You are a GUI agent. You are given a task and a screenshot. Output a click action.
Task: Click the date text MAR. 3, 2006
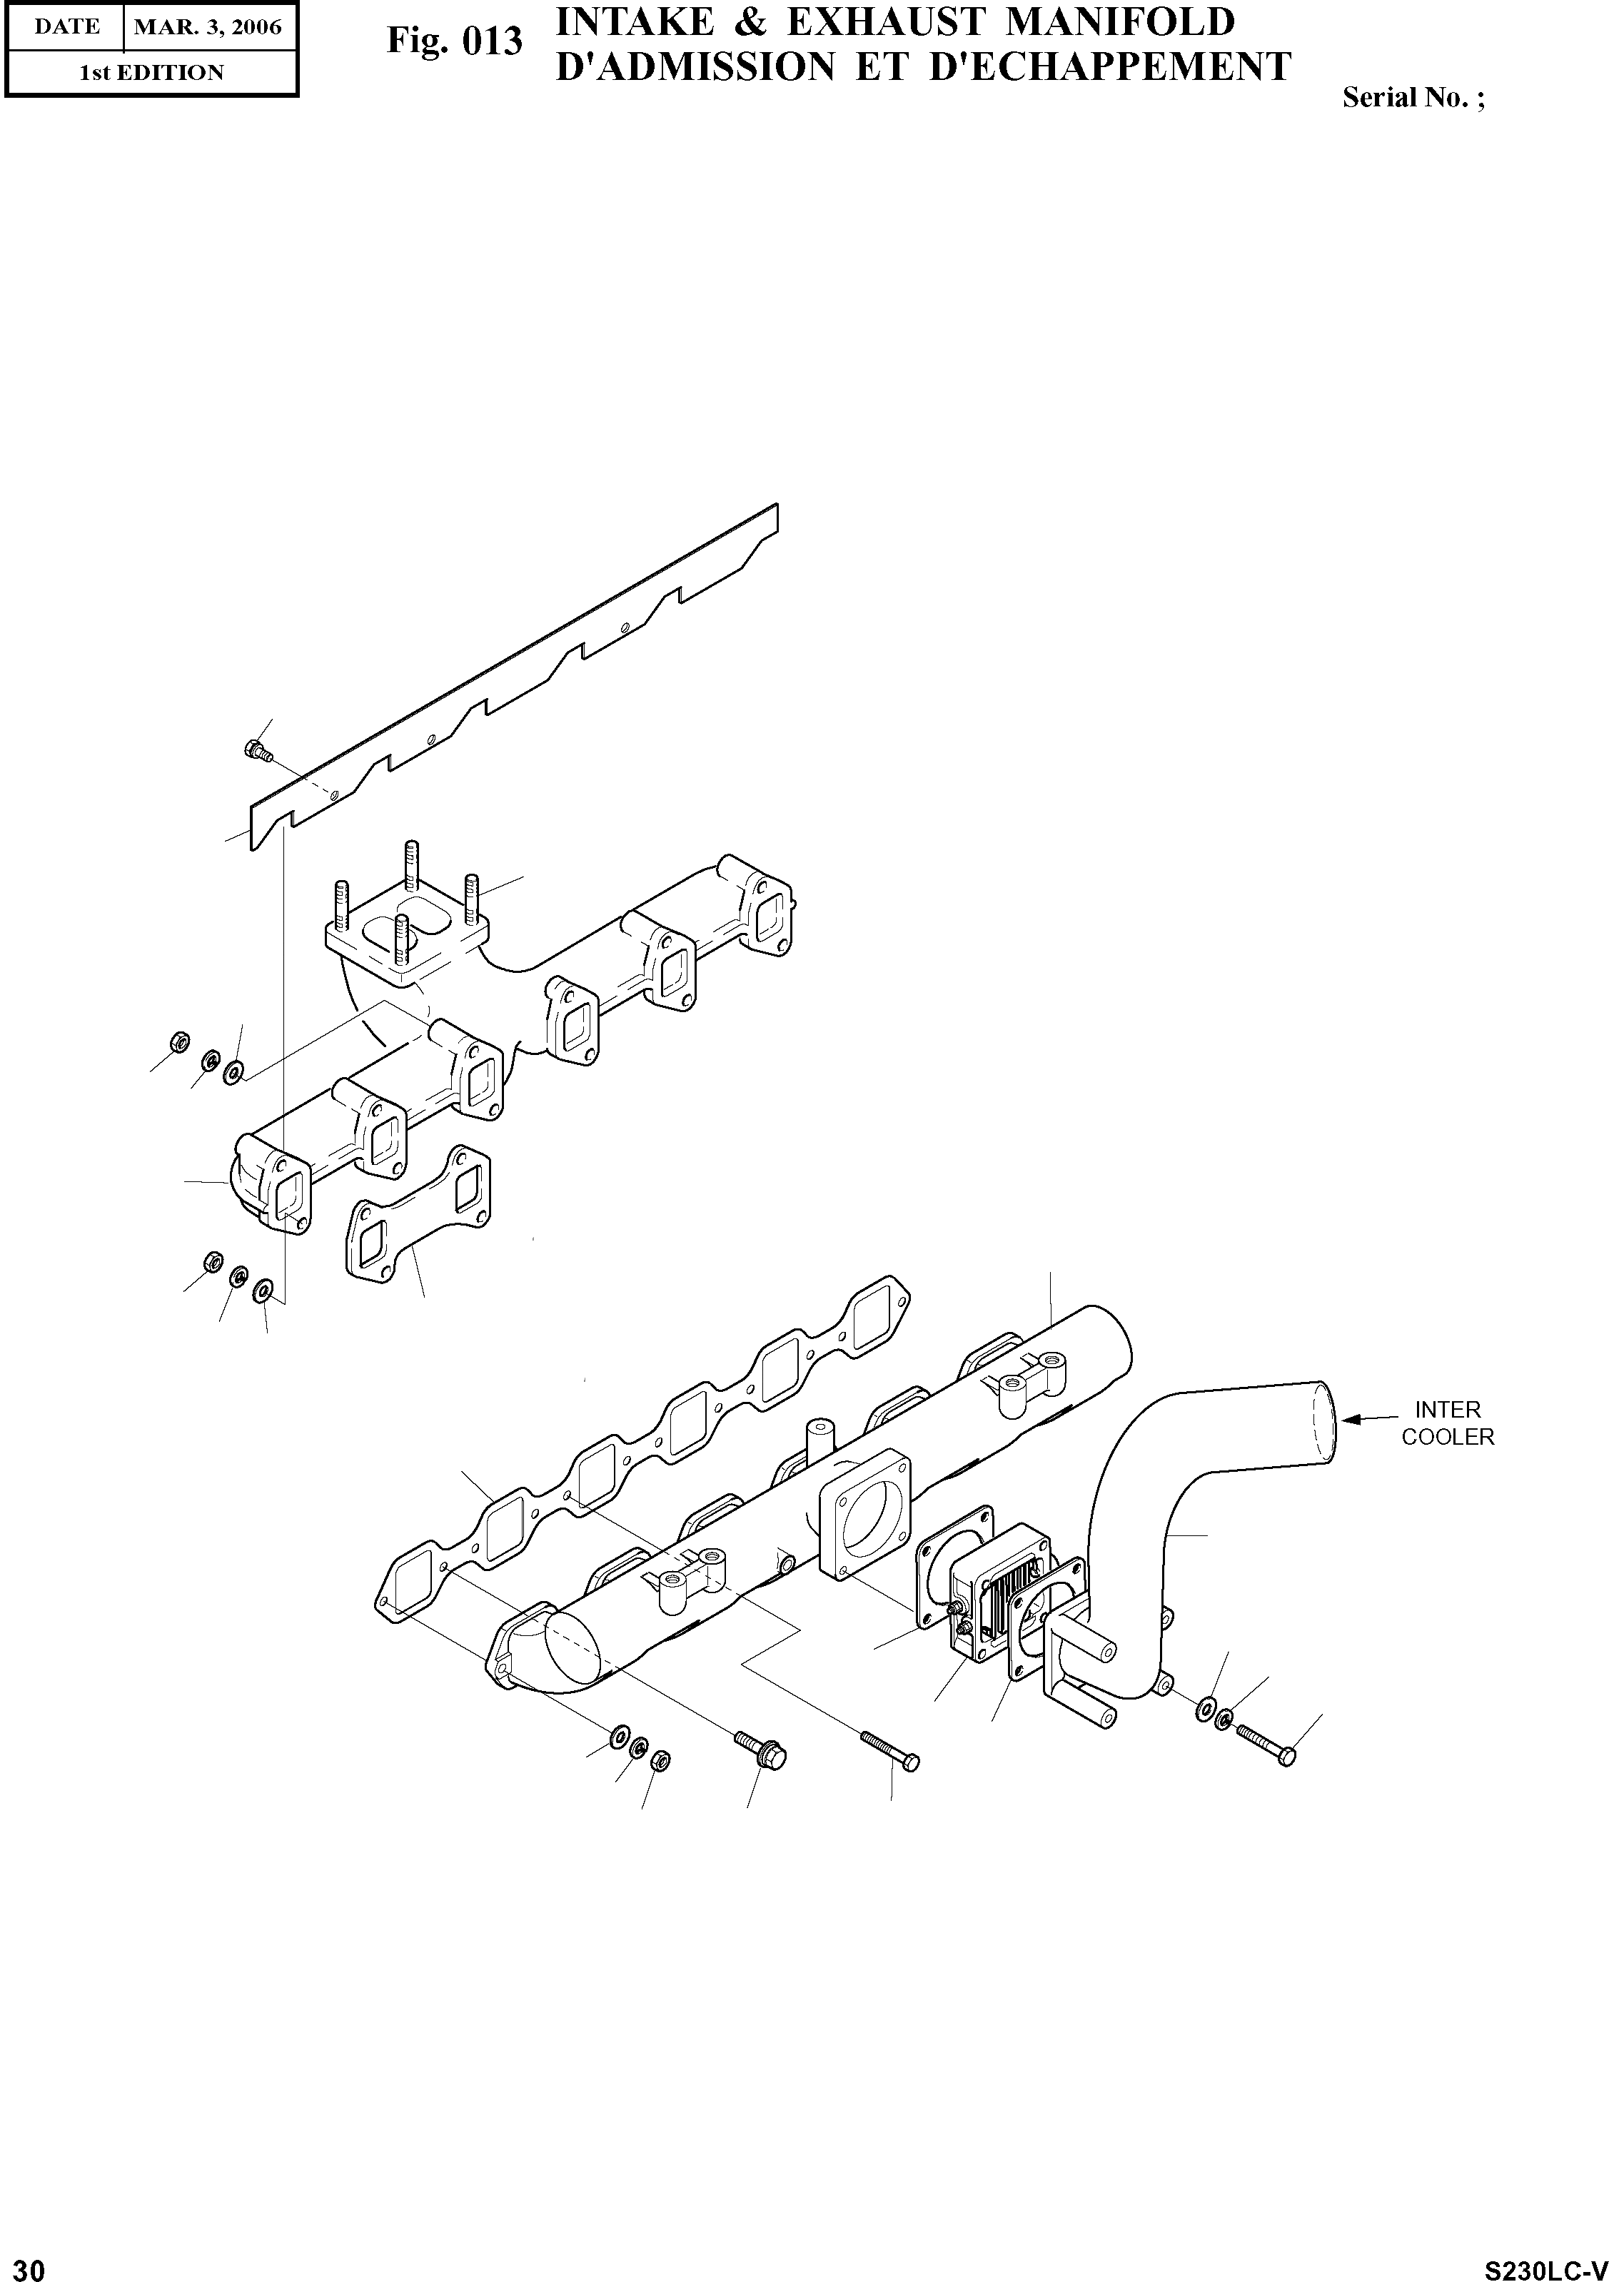pos(208,27)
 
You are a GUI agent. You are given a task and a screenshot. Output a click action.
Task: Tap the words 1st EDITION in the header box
pos(151,73)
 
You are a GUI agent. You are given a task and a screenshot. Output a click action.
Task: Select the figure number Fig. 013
pos(454,41)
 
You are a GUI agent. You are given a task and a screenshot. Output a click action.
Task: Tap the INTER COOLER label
pos(1447,1423)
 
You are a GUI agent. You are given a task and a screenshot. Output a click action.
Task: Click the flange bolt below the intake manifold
pos(760,1748)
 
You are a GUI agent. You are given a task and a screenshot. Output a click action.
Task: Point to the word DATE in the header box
pos(66,27)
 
